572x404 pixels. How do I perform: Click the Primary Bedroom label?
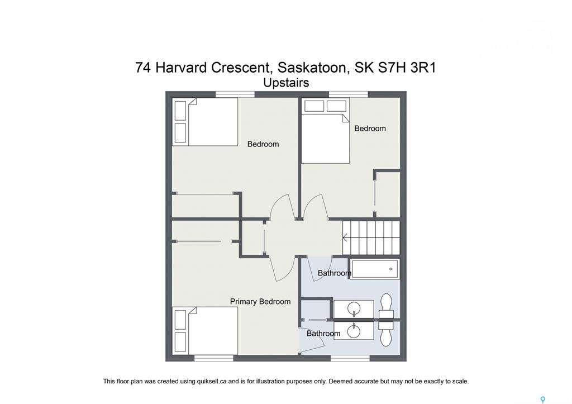pos(260,301)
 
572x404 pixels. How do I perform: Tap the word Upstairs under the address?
pos(286,83)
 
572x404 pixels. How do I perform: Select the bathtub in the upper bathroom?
pos(375,269)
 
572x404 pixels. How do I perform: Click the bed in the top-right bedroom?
pos(326,131)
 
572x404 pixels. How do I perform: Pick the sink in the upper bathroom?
pos(354,309)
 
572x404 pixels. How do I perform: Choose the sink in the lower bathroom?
pos(354,331)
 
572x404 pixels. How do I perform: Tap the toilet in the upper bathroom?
pos(386,306)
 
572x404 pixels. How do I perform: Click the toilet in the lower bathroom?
pos(386,334)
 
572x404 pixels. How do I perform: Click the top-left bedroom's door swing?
pos(282,207)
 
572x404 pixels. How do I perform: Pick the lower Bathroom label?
pos(323,334)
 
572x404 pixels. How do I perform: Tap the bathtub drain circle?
pos(390,269)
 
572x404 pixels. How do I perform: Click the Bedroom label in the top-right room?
pos(370,129)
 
